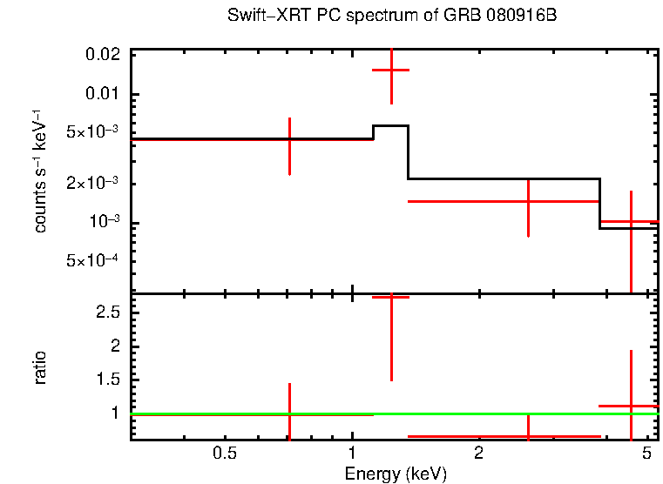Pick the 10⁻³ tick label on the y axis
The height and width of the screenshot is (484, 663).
[105, 223]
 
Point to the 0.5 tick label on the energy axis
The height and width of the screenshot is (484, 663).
[225, 454]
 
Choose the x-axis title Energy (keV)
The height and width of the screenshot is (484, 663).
[396, 474]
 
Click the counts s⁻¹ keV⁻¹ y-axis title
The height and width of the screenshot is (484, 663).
[40, 171]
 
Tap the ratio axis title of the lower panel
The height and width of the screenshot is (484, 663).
[40, 366]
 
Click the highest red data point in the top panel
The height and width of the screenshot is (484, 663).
[391, 70]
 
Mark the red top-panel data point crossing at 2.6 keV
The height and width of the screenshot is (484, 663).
[528, 201]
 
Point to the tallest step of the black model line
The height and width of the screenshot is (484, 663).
[390, 126]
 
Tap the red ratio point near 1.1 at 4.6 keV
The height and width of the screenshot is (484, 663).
[630, 407]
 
